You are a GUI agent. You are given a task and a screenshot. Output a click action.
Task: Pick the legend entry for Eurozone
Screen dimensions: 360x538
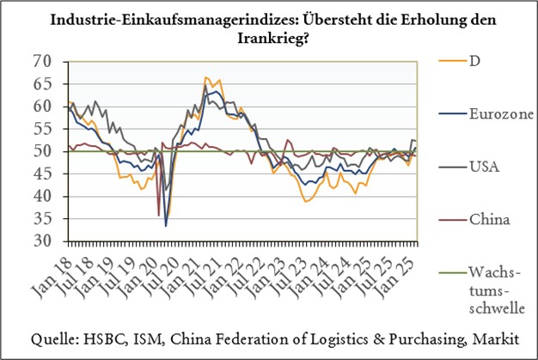(479, 113)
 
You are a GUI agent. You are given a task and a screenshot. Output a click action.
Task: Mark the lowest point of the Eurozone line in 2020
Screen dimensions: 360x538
(166, 225)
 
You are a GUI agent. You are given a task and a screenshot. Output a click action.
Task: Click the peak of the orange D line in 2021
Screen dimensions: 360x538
(205, 77)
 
